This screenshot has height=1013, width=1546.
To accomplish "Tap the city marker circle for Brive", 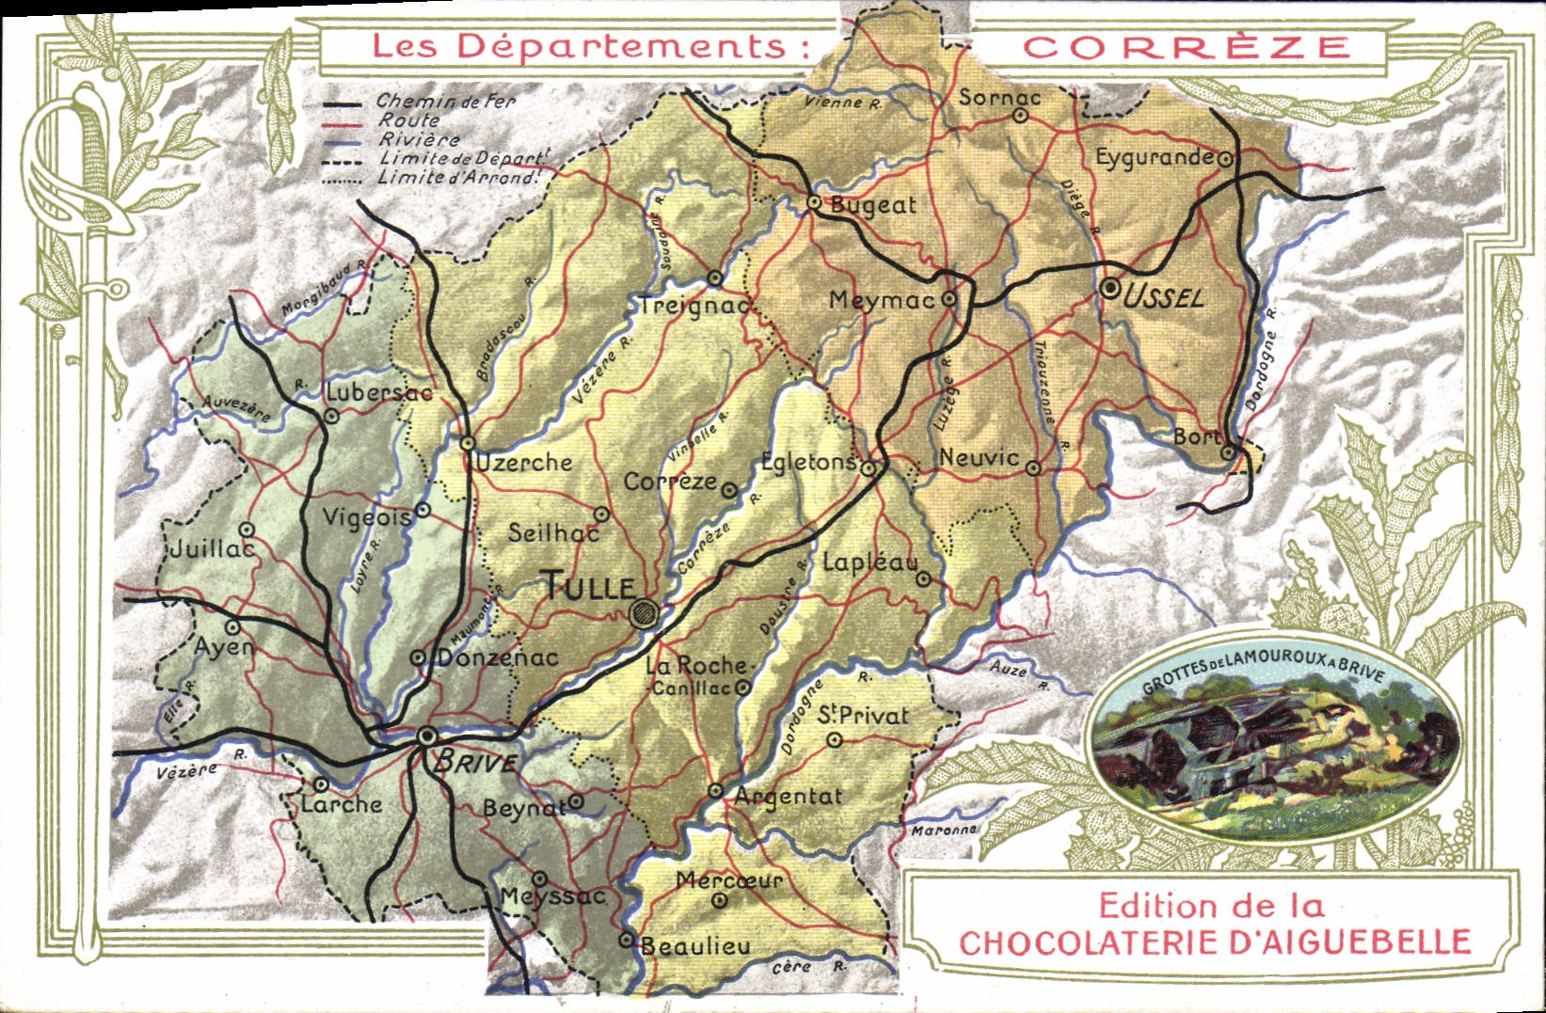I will (x=426, y=736).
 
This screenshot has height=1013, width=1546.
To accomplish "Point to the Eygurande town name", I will (x=1155, y=157).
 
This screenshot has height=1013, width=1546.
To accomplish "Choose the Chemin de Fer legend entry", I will (x=445, y=101).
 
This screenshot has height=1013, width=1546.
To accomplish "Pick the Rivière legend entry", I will (x=419, y=139).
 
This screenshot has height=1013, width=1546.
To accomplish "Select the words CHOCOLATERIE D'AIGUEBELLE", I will (x=1214, y=942).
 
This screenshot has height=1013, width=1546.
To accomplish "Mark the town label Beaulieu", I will (x=696, y=945).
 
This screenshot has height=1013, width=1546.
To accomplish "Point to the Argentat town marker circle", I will (x=715, y=791).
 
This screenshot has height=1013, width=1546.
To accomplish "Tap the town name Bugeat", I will (x=873, y=206).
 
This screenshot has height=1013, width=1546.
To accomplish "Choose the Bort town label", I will (x=1195, y=437).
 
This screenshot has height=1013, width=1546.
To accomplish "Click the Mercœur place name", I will (x=729, y=880).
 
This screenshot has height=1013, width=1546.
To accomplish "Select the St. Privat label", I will (x=863, y=716).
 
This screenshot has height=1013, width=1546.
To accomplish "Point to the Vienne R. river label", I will (x=843, y=103).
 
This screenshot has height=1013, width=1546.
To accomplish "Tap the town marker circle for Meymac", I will (x=949, y=298).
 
